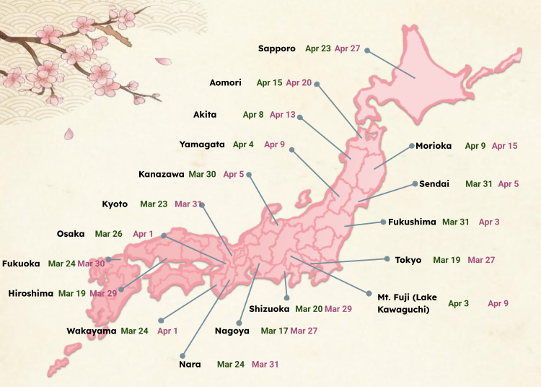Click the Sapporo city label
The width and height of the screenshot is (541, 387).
pyautogui.click(x=277, y=48)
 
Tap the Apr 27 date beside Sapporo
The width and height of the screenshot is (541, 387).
pyautogui.click(x=346, y=48)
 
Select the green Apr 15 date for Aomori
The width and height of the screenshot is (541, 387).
pyautogui.click(x=269, y=82)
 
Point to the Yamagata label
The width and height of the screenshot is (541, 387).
pyautogui.click(x=202, y=144)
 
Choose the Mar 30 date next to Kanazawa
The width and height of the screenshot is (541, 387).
pyautogui.click(x=202, y=174)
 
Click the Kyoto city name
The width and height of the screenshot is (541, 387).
pyautogui.click(x=115, y=204)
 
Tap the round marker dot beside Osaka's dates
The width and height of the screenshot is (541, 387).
pyautogui.click(x=164, y=235)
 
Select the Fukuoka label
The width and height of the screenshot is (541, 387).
pyautogui.click(x=21, y=264)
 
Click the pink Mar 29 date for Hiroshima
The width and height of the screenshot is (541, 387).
pyautogui.click(x=103, y=293)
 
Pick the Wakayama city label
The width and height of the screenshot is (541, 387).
pyautogui.click(x=92, y=331)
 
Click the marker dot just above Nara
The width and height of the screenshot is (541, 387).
pyautogui.click(x=184, y=355)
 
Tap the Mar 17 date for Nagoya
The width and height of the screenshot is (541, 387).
pyautogui.click(x=274, y=331)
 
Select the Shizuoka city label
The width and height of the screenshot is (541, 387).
pyautogui.click(x=269, y=308)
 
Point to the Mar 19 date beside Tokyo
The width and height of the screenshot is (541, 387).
pyautogui.click(x=447, y=259)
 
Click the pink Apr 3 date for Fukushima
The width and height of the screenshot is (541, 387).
pyautogui.click(x=489, y=222)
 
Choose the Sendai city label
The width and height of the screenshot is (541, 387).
pyautogui.click(x=435, y=184)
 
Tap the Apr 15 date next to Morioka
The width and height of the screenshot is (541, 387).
pyautogui.click(x=504, y=146)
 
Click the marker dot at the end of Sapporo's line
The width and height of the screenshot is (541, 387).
pyautogui.click(x=367, y=51)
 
